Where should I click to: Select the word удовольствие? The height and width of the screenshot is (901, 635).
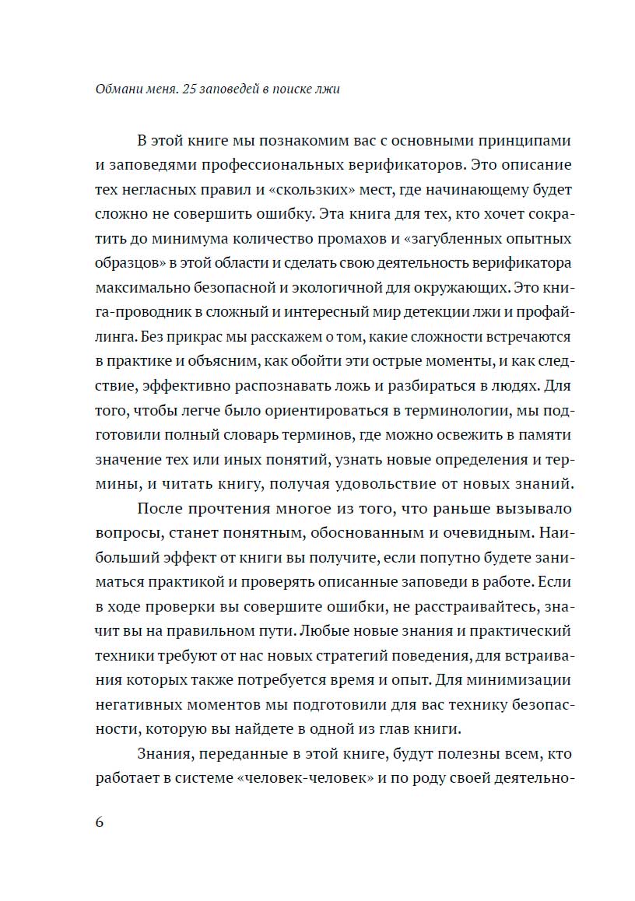(381, 483)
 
